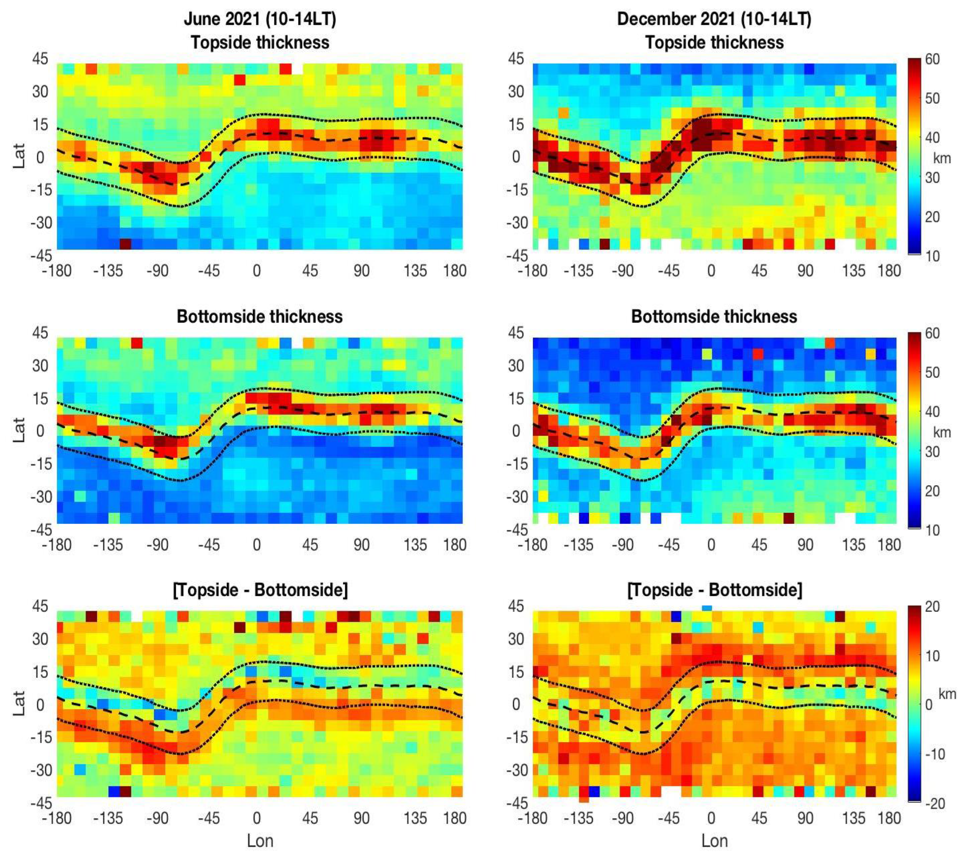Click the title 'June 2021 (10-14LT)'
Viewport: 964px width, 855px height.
coord(260,19)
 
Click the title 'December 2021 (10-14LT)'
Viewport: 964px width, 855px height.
coord(714,19)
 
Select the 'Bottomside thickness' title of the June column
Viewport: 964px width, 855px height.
coord(260,316)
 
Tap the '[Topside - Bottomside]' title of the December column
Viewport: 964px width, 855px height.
coord(714,590)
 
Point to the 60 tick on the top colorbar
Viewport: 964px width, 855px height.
coord(932,59)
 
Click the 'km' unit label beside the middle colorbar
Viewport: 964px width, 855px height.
coord(942,432)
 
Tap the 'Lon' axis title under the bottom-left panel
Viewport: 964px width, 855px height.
coord(260,840)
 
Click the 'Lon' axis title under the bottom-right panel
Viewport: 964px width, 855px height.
coord(714,840)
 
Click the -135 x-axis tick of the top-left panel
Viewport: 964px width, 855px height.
coord(108,271)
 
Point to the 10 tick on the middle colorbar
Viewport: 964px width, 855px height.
coord(932,530)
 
